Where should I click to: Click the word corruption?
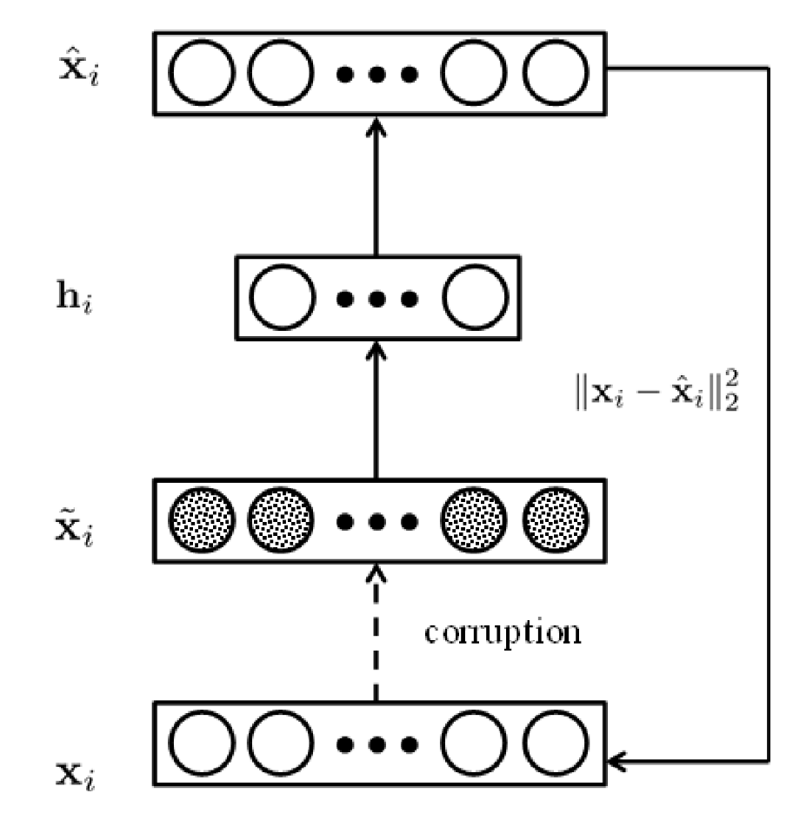tap(502, 631)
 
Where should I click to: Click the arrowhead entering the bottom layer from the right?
tap(619, 763)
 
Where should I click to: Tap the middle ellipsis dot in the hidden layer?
tap(377, 300)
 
